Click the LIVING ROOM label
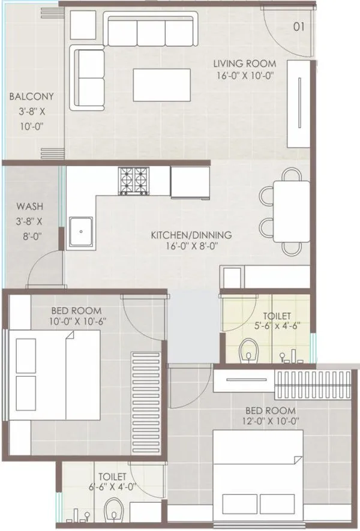[x=245, y=64]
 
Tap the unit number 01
[x=299, y=26]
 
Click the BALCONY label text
[x=31, y=97]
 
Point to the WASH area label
[x=29, y=207]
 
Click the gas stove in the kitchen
[x=134, y=181]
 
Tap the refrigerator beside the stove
[x=190, y=181]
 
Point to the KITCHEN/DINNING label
[x=191, y=235]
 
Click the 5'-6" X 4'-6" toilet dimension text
[x=277, y=326]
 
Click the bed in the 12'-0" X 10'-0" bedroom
[x=259, y=486]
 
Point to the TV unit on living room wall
[x=298, y=103]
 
